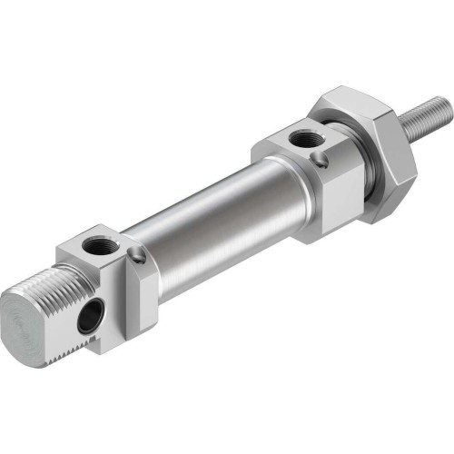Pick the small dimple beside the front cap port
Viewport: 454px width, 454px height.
click(x=323, y=161)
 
